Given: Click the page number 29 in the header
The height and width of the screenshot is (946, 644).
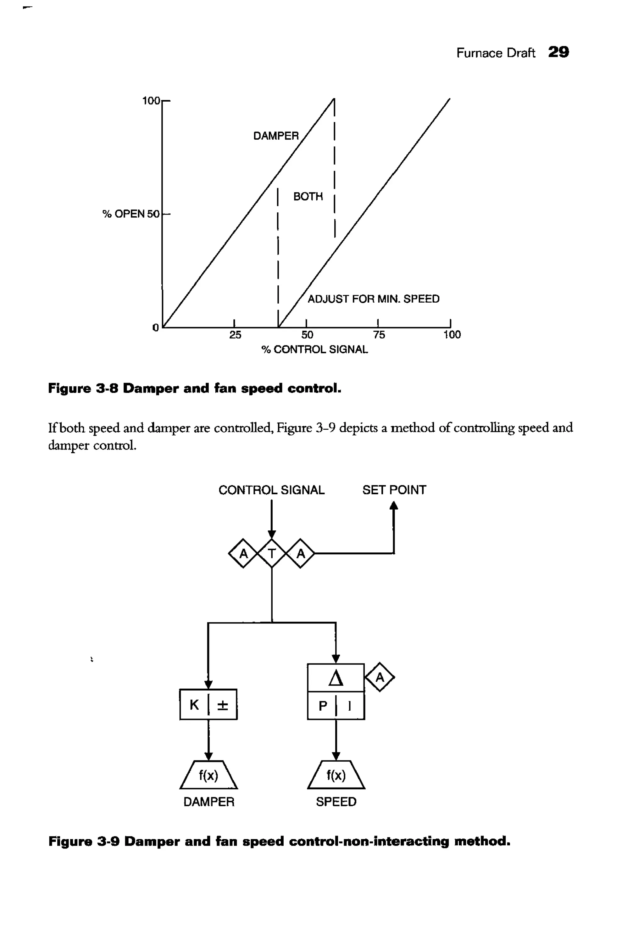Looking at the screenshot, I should coord(558,52).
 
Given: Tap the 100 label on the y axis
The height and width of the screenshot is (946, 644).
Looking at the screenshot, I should coord(151,101).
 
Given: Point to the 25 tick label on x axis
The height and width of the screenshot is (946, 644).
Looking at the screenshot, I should coord(235,335).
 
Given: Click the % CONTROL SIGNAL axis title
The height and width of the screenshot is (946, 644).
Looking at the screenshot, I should coord(314,349).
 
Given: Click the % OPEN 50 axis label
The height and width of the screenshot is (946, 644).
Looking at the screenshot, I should coord(130,214).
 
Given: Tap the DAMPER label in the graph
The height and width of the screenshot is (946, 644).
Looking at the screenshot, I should coord(276,136).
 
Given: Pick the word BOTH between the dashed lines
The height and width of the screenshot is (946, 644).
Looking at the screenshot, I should coord(308,196).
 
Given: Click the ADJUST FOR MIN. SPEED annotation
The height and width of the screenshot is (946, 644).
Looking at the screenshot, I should coord(373,299).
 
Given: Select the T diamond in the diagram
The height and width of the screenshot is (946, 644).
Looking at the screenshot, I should coord(272,553).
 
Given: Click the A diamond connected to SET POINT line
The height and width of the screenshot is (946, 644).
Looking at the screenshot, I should coord(301,553).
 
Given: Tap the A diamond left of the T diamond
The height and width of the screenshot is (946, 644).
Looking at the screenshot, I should coord(243,553).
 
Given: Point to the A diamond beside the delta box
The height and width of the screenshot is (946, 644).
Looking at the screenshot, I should coord(380,677).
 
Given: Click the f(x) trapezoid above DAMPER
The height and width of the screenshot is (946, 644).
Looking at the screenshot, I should coord(208,775).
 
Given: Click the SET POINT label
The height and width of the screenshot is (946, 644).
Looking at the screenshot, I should coord(394,490).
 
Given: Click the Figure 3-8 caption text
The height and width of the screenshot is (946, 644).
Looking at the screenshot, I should coord(194,388).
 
